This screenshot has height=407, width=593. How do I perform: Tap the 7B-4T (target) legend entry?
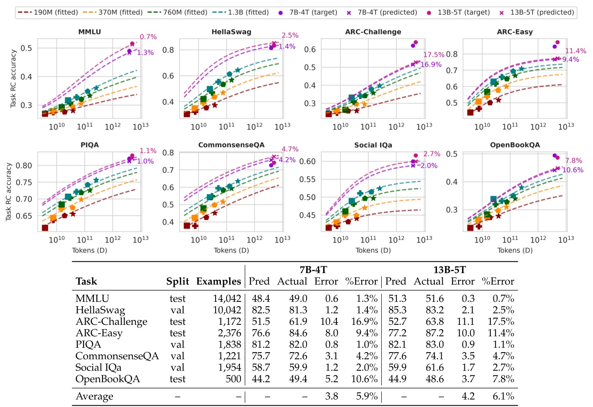click(x=313, y=12)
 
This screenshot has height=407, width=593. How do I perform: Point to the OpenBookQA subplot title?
click(x=515, y=145)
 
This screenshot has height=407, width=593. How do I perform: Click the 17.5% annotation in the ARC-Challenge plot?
click(x=433, y=55)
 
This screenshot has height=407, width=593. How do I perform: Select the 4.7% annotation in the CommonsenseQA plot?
click(x=290, y=149)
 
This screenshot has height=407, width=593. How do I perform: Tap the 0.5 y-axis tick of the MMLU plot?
click(x=27, y=48)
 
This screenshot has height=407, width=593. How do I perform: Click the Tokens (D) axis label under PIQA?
click(x=90, y=250)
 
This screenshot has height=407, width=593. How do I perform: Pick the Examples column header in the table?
click(x=218, y=281)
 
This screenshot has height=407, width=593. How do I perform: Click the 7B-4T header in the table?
click(x=313, y=270)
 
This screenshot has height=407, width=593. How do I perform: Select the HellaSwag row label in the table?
click(x=100, y=310)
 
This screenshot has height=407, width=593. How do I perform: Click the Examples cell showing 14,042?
click(x=227, y=299)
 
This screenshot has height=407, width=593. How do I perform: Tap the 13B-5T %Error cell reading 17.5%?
click(x=503, y=322)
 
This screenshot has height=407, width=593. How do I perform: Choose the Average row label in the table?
click(x=94, y=397)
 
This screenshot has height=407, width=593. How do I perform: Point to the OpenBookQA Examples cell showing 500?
click(x=233, y=379)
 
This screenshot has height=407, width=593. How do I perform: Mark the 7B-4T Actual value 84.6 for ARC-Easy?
click(x=298, y=333)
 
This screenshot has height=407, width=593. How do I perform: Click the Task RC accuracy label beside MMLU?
click(x=13, y=78)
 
